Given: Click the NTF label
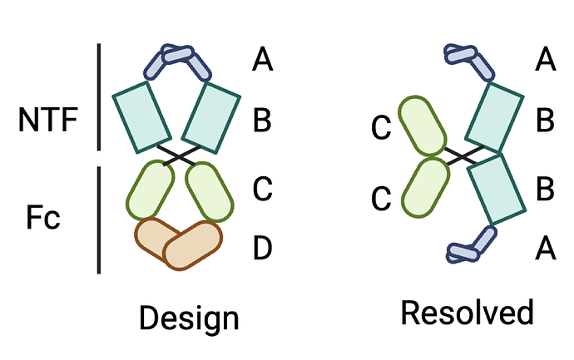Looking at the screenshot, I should click(x=47, y=121).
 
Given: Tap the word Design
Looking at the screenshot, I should click(x=189, y=318).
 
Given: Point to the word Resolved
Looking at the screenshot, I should click(x=466, y=313).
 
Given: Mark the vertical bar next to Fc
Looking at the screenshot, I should click(x=99, y=220).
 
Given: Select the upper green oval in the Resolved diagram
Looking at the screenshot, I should click(x=422, y=127).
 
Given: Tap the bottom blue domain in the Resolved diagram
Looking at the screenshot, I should click(x=469, y=247).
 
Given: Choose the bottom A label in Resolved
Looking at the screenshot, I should click(x=546, y=247).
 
